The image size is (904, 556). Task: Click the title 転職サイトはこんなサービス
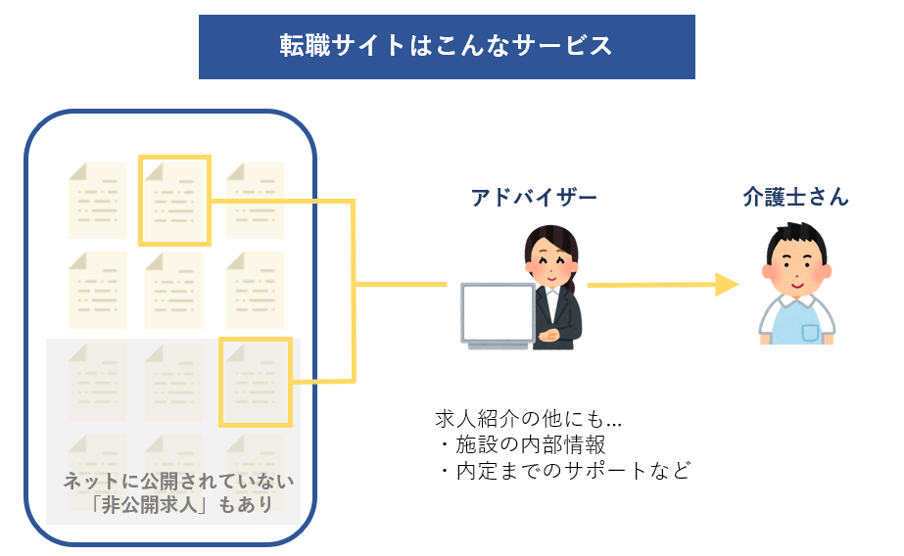pyautogui.click(x=447, y=46)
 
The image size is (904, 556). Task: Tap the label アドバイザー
pyautogui.click(x=534, y=197)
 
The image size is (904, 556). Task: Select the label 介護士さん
pyautogui.click(x=795, y=197)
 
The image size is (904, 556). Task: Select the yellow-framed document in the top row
pyautogui.click(x=174, y=200)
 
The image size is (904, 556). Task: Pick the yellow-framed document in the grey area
pyautogui.click(x=255, y=382)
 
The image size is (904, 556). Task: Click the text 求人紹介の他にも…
pyautogui.click(x=529, y=420)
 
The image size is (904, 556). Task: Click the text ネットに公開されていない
pyautogui.click(x=178, y=481)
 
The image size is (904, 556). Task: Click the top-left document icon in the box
pyautogui.click(x=96, y=200)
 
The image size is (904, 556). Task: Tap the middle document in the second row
pyautogui.click(x=174, y=290)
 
